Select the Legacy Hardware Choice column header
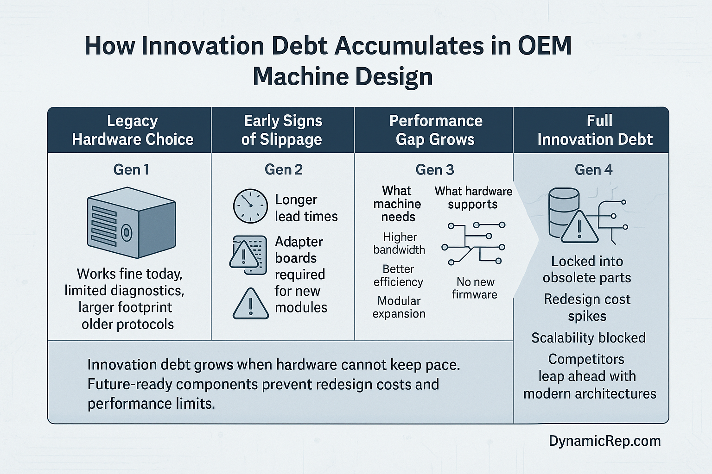click(x=133, y=130)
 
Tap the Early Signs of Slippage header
click(x=282, y=130)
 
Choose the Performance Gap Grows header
click(x=435, y=130)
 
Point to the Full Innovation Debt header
click(x=595, y=130)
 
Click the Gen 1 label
click(x=131, y=170)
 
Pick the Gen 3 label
click(x=435, y=170)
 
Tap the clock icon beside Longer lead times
click(x=250, y=206)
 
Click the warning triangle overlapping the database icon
click(x=579, y=227)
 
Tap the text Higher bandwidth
click(x=399, y=243)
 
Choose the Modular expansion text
click(x=399, y=307)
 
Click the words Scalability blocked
click(x=588, y=338)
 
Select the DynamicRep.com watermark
click(x=604, y=441)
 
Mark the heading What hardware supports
click(x=473, y=198)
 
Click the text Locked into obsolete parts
click(x=587, y=269)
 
